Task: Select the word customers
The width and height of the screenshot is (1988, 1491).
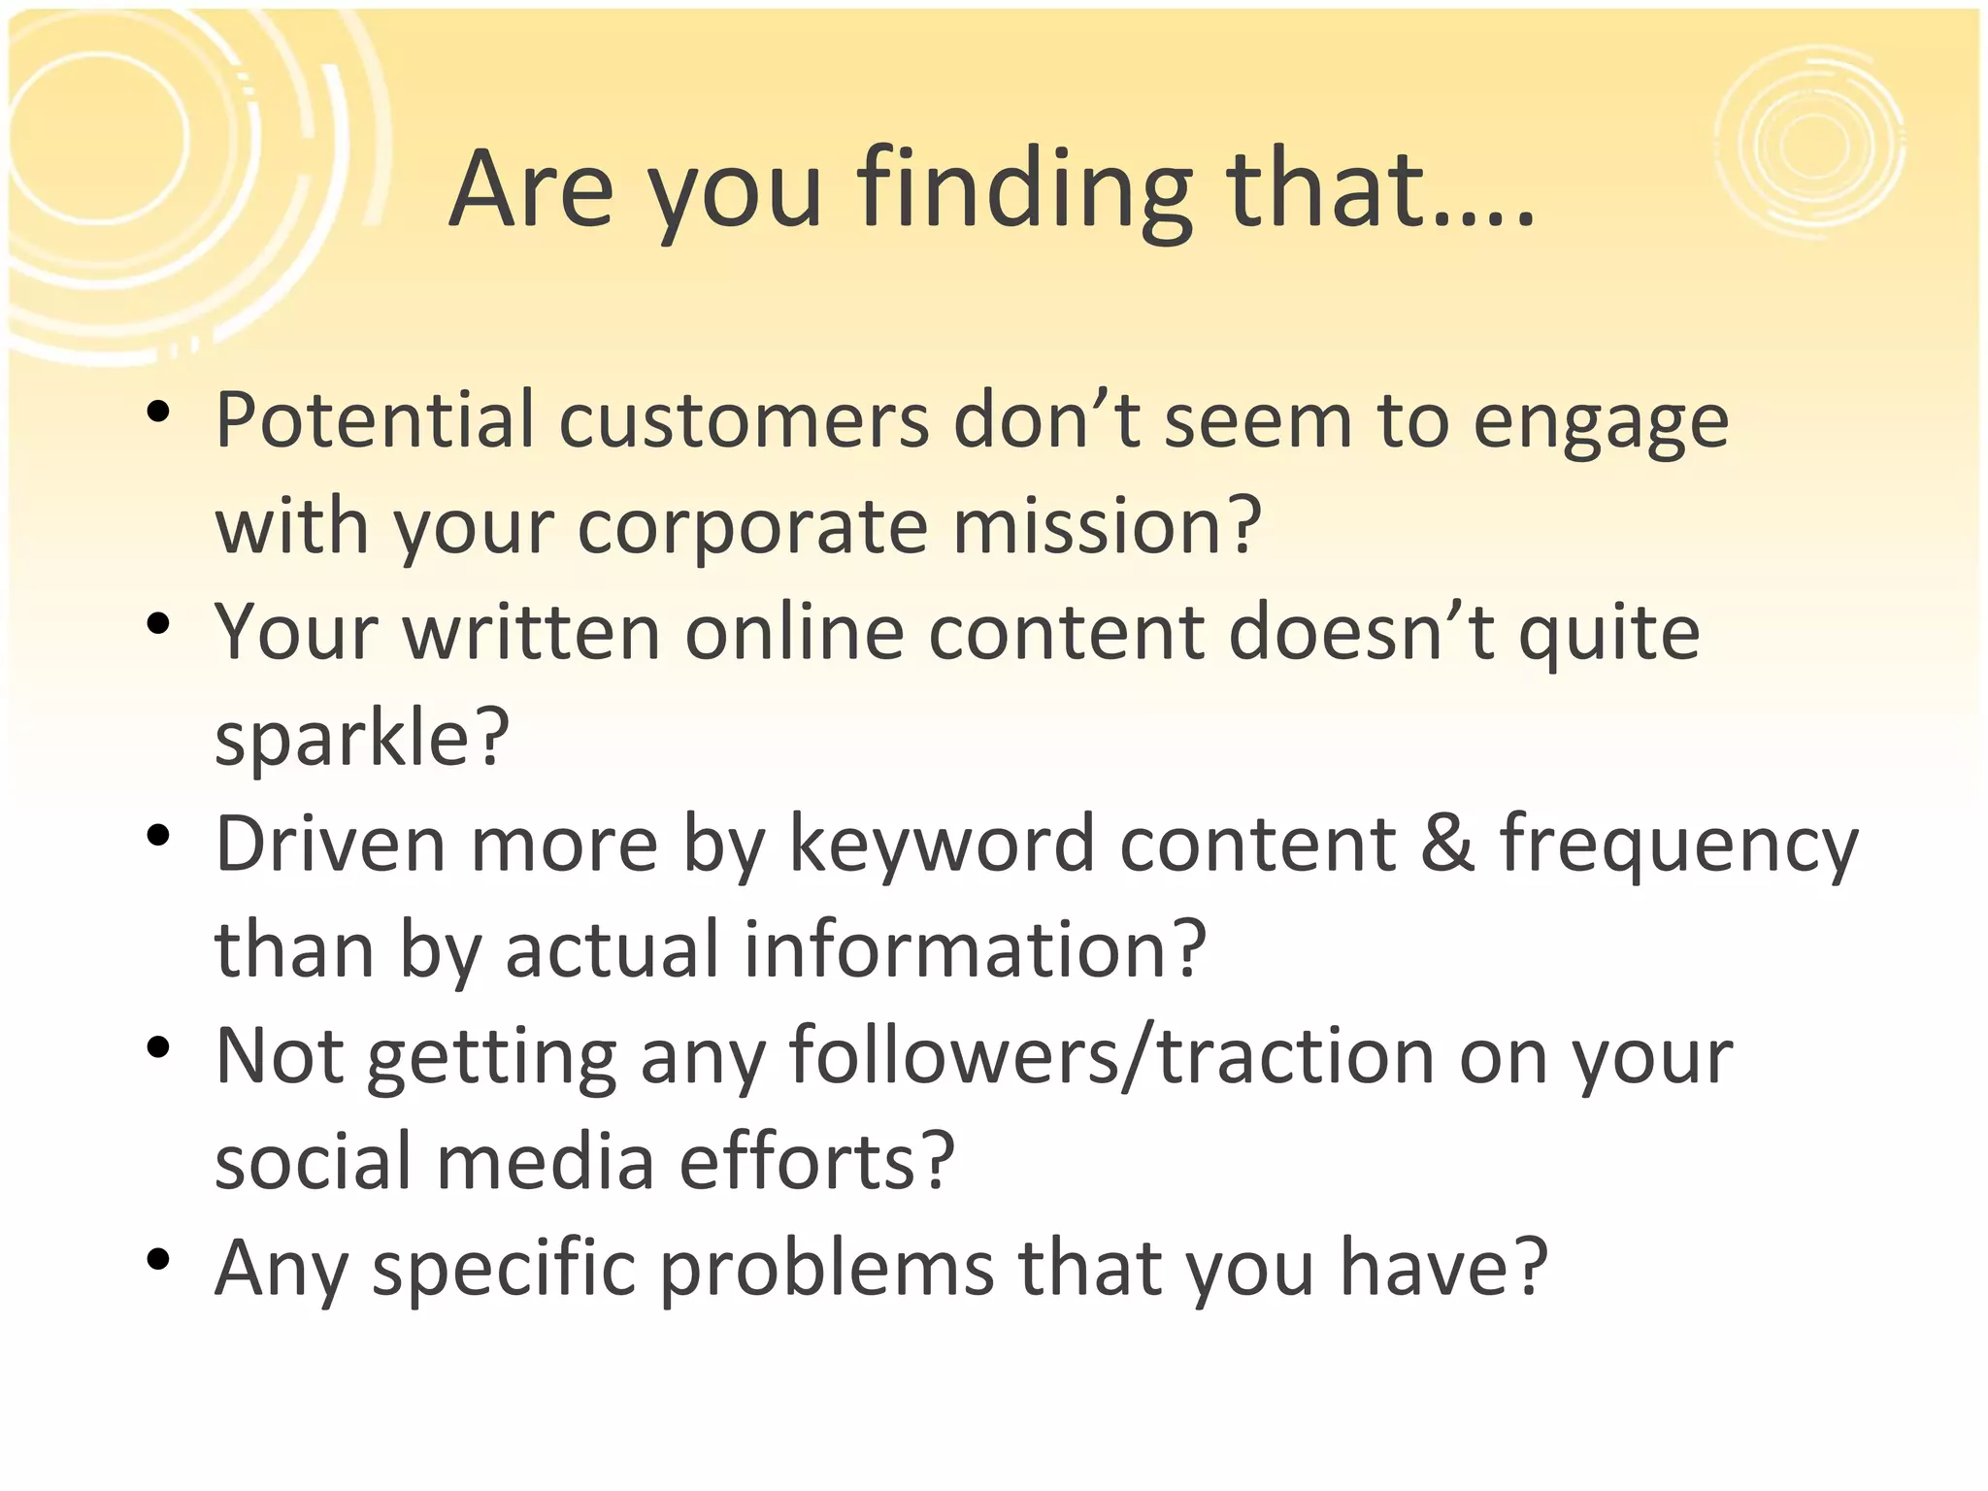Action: click(x=744, y=420)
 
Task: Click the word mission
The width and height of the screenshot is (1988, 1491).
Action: click(x=1107, y=525)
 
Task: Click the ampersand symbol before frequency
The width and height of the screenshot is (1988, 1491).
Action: click(x=1447, y=843)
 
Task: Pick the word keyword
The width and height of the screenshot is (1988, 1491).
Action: click(x=942, y=843)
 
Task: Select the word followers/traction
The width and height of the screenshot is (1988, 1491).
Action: click(x=1112, y=1056)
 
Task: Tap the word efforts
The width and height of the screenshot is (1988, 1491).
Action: click(x=815, y=1161)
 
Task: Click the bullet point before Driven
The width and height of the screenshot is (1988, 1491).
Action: click(x=158, y=836)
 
